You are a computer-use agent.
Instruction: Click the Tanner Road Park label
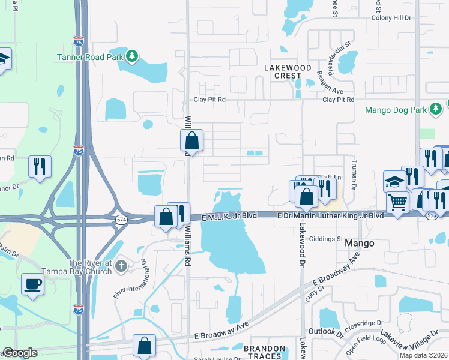[x=98, y=57]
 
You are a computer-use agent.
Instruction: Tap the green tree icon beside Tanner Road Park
[x=132, y=57]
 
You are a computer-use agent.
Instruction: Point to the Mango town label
[x=360, y=244]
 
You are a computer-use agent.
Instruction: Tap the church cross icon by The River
[x=121, y=265]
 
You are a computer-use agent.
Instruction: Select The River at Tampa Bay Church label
[x=90, y=268]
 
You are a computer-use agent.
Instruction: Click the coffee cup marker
[x=32, y=284]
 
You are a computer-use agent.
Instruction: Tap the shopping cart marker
[x=397, y=203]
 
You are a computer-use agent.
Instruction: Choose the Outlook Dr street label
[x=325, y=332]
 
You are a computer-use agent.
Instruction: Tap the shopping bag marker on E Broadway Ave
[x=144, y=345]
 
